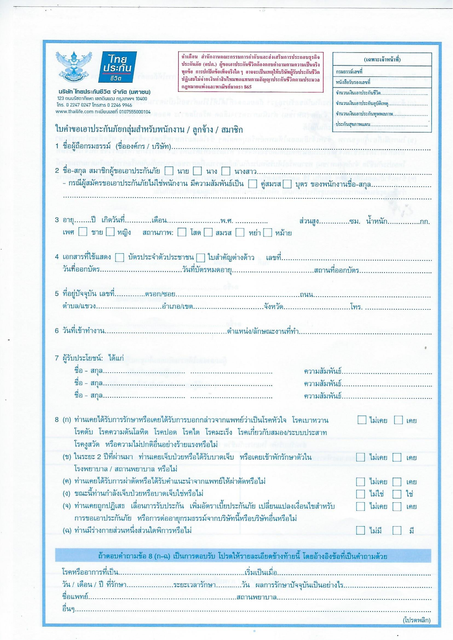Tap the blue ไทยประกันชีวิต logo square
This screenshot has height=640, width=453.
point(117,67)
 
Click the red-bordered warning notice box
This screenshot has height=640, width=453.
point(251,72)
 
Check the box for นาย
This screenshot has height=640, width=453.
point(169,171)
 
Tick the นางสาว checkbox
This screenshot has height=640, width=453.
point(226,171)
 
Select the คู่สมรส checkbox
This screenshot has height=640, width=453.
point(253,184)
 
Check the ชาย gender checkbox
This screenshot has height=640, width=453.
point(83,231)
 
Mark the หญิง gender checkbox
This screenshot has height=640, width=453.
point(110,231)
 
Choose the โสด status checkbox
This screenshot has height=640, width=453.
point(182,232)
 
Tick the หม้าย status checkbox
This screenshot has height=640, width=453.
point(268,232)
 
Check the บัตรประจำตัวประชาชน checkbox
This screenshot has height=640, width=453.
point(119,257)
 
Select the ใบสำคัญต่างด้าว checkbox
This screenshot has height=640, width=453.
point(201,257)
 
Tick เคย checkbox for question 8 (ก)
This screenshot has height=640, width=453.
point(398,420)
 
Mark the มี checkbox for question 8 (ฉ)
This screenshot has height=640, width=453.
point(397,530)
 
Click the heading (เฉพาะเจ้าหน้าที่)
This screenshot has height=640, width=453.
point(382,60)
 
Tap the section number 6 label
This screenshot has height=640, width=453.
point(57,331)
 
